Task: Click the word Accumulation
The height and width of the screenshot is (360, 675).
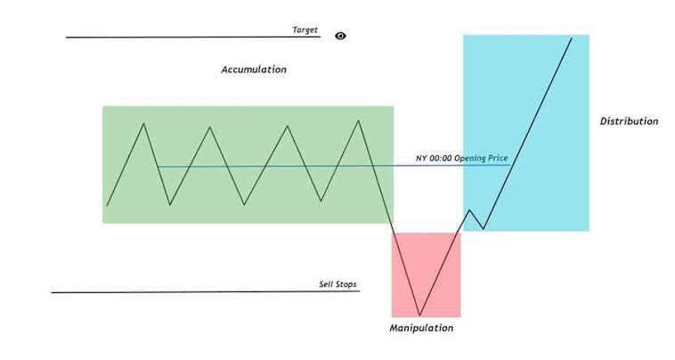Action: point(254,70)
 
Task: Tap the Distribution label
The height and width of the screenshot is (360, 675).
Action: point(629,121)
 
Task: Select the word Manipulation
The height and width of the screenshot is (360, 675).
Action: point(421,328)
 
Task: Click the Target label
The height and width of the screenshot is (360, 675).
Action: point(305,29)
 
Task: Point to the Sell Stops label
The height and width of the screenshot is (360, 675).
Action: point(337,284)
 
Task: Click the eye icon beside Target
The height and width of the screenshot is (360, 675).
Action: point(340,37)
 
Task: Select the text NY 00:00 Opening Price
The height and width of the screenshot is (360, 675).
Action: point(461,158)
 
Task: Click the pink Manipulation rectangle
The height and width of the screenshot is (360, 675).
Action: point(427,274)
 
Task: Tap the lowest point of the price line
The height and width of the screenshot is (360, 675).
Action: point(419,315)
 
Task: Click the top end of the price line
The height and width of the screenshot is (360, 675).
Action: point(572,38)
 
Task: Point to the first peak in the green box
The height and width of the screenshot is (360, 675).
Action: point(143,123)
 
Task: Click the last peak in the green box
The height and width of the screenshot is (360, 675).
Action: point(358,120)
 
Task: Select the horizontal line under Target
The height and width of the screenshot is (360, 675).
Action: point(193,37)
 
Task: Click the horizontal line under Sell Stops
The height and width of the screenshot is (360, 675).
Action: point(206,292)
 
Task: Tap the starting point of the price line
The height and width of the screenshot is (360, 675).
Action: point(107,206)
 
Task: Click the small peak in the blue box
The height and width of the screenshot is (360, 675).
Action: point(469,210)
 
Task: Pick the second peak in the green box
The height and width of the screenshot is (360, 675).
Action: point(209,127)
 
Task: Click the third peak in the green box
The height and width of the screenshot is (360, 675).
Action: point(287,126)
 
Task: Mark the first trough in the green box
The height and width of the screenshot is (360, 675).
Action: point(170,205)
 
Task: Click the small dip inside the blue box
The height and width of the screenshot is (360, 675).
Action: point(484,229)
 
